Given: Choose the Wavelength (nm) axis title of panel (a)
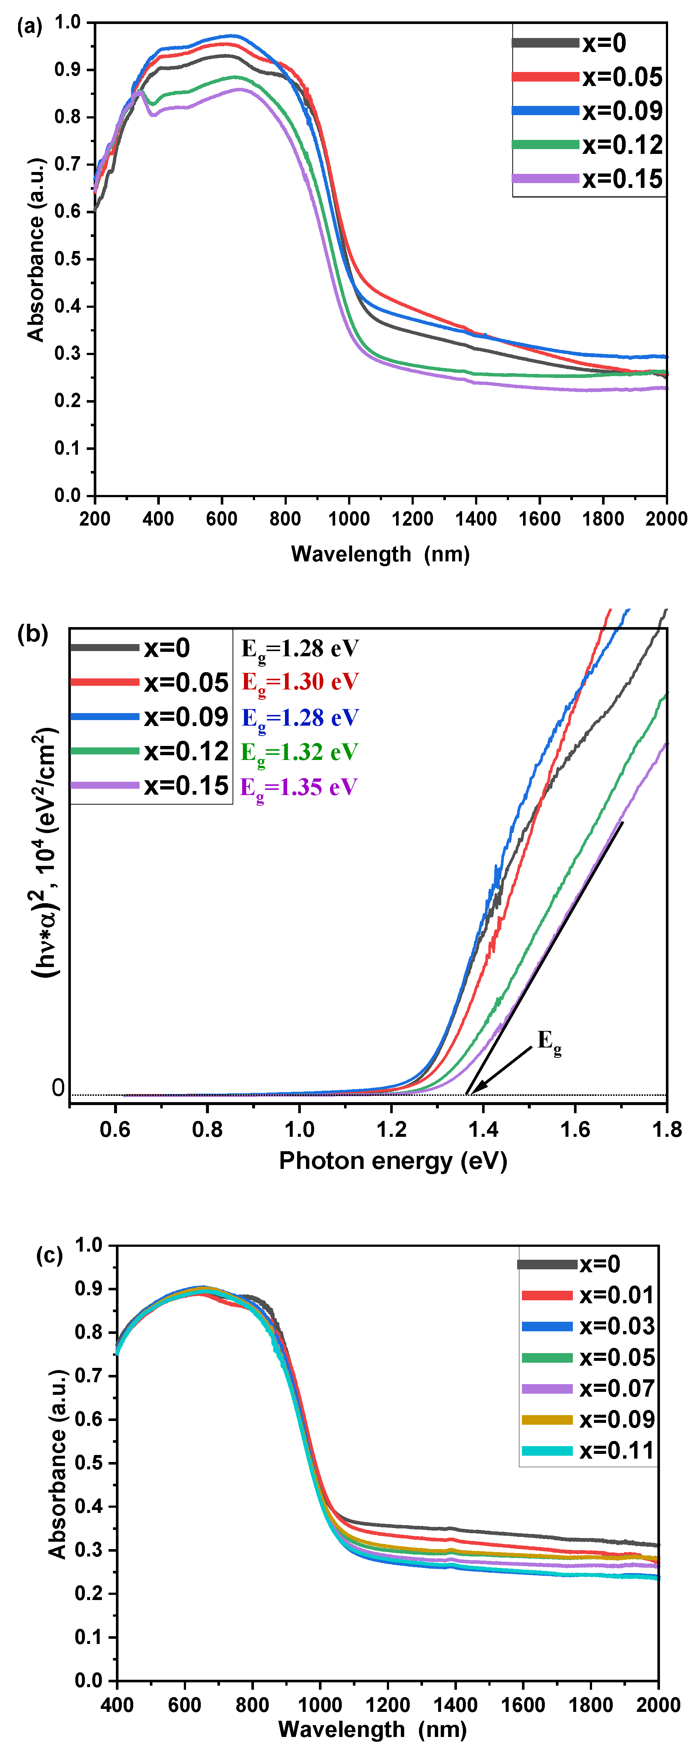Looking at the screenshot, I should [380, 554].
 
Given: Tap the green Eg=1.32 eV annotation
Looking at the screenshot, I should [299, 752].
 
